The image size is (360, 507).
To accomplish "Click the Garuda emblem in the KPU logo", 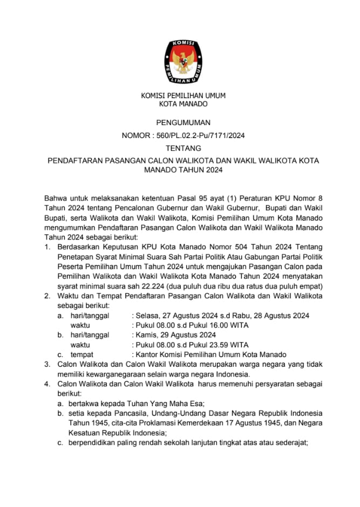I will coord(184,60).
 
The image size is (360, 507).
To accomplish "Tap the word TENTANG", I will coord(184,148).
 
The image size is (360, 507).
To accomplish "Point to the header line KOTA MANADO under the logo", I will coord(183,104).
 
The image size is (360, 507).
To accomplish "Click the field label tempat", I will coord(81,354).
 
